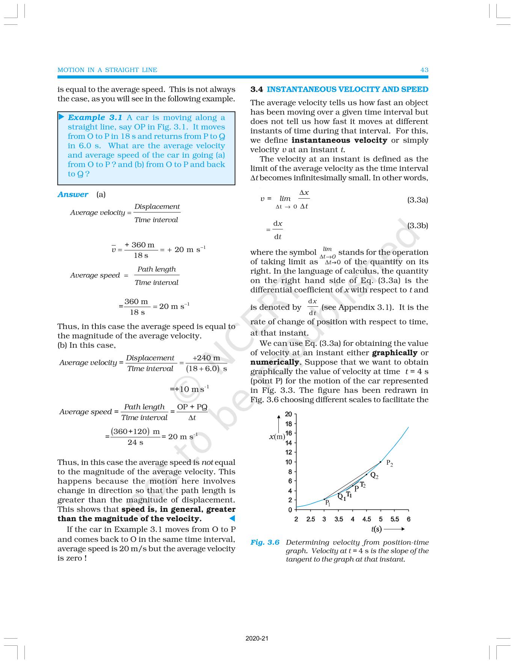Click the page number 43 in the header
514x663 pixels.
pyautogui.click(x=424, y=70)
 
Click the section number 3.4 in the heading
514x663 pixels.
pyautogui.click(x=257, y=89)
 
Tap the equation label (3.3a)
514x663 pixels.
pyautogui.click(x=417, y=200)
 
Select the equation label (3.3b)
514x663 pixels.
pyautogui.click(x=417, y=226)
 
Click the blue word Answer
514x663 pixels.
pyautogui.click(x=73, y=194)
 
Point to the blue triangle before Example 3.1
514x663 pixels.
pyautogui.click(x=62, y=117)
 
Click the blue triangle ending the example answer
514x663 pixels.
pyautogui.click(x=232, y=518)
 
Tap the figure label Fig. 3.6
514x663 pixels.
pyautogui.click(x=265, y=542)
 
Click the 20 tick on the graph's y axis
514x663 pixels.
pyautogui.click(x=288, y=414)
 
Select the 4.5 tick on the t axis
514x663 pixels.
pyautogui.click(x=367, y=519)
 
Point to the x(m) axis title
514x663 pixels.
pyautogui.click(x=277, y=437)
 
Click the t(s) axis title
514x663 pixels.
pyautogui.click(x=376, y=529)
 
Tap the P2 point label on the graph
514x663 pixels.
pyautogui.click(x=389, y=464)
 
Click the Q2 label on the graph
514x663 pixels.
pyautogui.click(x=374, y=476)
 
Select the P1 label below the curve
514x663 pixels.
pyautogui.click(x=327, y=503)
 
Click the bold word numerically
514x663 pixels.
pyautogui.click(x=275, y=362)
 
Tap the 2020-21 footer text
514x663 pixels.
pyautogui.click(x=257, y=638)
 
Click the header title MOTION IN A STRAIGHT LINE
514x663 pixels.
pyautogui.click(x=107, y=70)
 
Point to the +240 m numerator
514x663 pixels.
pyautogui.click(x=206, y=358)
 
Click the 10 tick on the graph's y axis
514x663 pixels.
pyautogui.click(x=288, y=462)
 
